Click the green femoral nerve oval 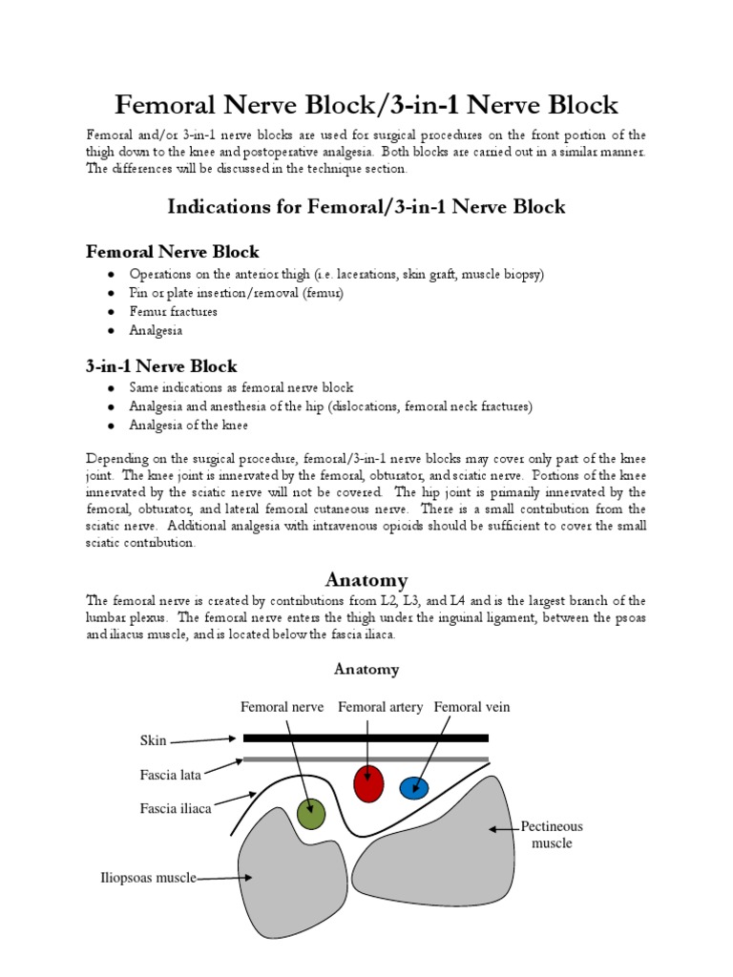pyautogui.click(x=311, y=813)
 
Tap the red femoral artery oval pyautogui.click(x=368, y=783)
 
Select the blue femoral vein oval pyautogui.click(x=414, y=787)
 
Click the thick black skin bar pyautogui.click(x=366, y=738)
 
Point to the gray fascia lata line pyautogui.click(x=366, y=759)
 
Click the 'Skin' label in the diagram pyautogui.click(x=153, y=741)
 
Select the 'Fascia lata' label pyautogui.click(x=170, y=775)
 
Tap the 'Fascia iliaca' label pyautogui.click(x=175, y=808)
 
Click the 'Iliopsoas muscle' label pyautogui.click(x=149, y=878)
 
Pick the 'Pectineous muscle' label pyautogui.click(x=552, y=834)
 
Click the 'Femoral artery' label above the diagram pyautogui.click(x=381, y=707)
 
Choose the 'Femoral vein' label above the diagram pyautogui.click(x=471, y=707)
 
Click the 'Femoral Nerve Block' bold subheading pyautogui.click(x=173, y=252)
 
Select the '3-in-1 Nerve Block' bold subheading pyautogui.click(x=161, y=366)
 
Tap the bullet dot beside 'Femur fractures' pyautogui.click(x=112, y=312)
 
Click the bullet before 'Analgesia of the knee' pyautogui.click(x=112, y=426)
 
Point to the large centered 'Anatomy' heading pyautogui.click(x=366, y=579)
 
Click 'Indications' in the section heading pyautogui.click(x=215, y=206)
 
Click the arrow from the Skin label pyautogui.click(x=203, y=739)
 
